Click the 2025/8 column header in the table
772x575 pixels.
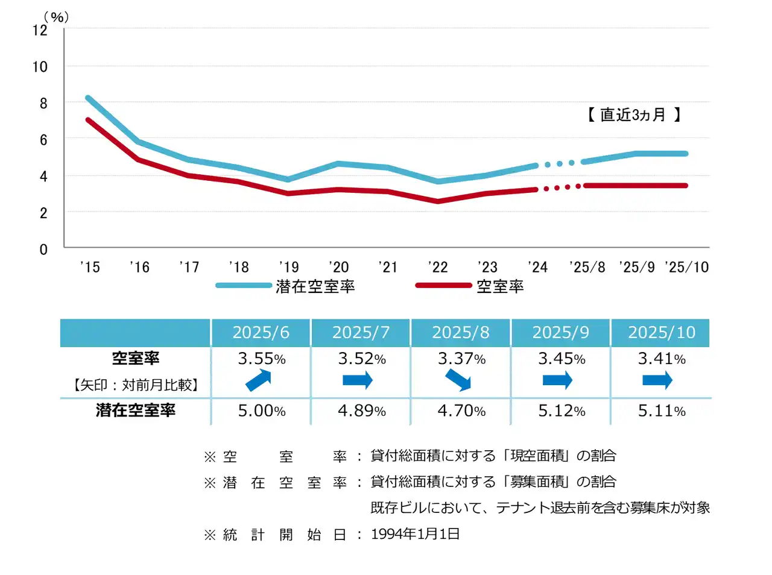click(x=461, y=333)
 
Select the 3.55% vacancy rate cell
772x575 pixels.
click(x=261, y=359)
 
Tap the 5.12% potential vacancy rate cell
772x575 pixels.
click(x=562, y=411)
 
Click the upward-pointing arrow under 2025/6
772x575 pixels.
click(x=259, y=380)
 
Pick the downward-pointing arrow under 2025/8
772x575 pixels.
click(x=458, y=380)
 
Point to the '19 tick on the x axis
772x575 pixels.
click(x=289, y=267)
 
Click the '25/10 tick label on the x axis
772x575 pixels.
click(x=686, y=267)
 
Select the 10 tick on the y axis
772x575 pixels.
click(x=40, y=67)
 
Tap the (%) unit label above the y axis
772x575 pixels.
click(x=56, y=17)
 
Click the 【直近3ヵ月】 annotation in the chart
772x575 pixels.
click(x=633, y=115)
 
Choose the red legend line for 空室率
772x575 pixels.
click(x=443, y=286)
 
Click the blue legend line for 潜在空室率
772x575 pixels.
click(x=244, y=286)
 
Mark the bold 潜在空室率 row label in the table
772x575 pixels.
click(x=136, y=410)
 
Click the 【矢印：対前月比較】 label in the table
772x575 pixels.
click(x=136, y=385)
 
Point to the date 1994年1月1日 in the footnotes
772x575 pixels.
click(x=415, y=534)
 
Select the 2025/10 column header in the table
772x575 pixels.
click(x=662, y=333)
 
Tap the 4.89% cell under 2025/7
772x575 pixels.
click(x=361, y=411)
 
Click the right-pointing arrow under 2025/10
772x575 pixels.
click(x=657, y=380)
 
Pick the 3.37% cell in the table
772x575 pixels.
click(x=461, y=359)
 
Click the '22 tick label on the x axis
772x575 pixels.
click(x=438, y=267)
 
